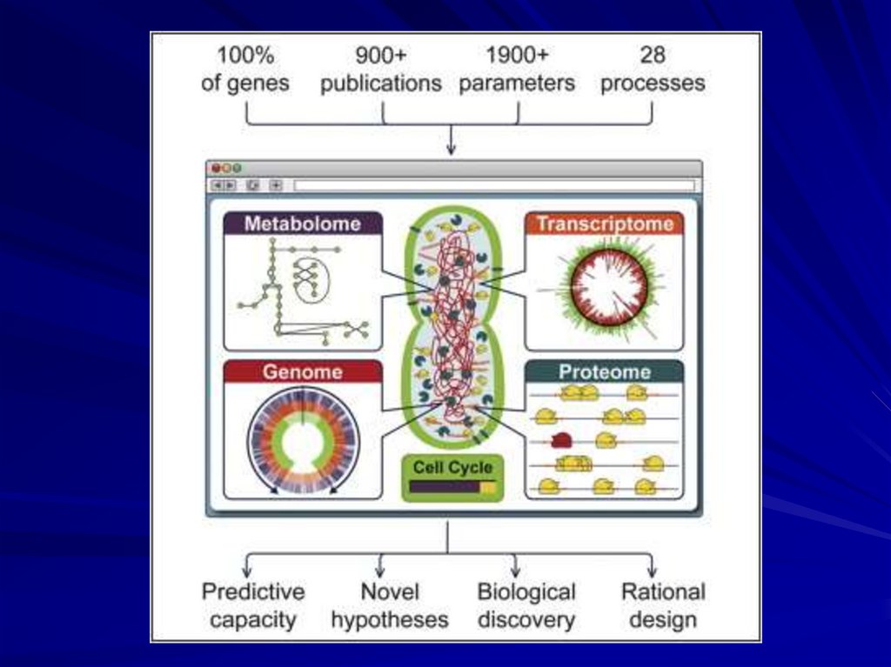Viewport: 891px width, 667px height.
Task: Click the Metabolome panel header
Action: click(302, 223)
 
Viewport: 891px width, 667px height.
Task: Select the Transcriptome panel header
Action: click(604, 223)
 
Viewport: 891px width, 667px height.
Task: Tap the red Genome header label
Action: click(302, 372)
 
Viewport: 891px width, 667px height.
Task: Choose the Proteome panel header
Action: click(604, 372)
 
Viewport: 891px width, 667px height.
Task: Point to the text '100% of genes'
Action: click(245, 70)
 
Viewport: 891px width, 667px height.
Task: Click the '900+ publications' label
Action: click(380, 70)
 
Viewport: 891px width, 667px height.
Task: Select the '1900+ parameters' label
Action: click(517, 70)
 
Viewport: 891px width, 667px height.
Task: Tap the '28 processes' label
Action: click(653, 70)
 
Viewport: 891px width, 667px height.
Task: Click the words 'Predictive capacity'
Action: click(253, 606)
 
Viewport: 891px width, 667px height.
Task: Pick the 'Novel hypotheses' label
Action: click(389, 606)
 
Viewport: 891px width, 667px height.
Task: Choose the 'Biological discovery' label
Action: click(526, 606)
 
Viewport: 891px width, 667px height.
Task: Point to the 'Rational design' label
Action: click(663, 606)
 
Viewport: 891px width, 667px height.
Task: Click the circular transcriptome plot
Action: click(608, 286)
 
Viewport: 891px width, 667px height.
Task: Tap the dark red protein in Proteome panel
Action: click(561, 440)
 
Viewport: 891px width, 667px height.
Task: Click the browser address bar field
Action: click(493, 185)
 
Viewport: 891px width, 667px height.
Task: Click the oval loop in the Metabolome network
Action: click(309, 280)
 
